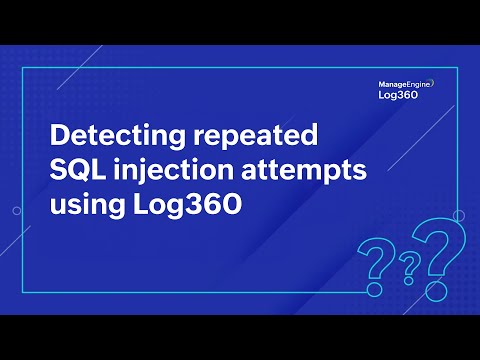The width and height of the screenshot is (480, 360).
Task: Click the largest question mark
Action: pyautogui.click(x=433, y=255)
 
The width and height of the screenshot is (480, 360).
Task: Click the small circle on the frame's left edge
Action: pyautogui.click(x=17, y=212)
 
